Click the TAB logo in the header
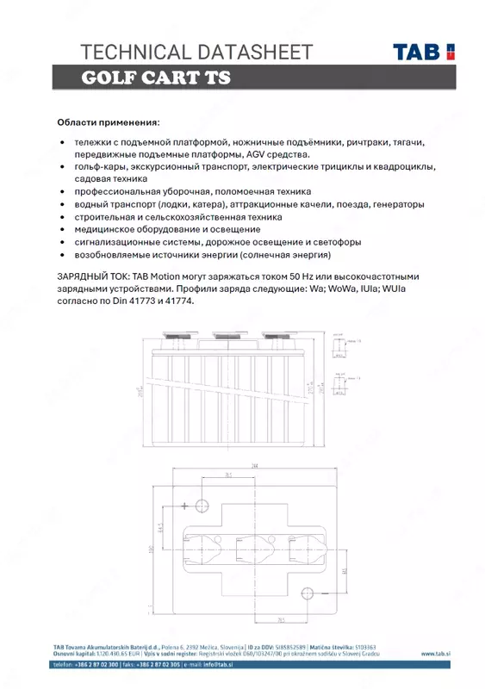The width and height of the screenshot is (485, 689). [424, 52]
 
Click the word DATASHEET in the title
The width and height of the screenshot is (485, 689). [252, 52]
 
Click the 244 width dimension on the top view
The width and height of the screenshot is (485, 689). [256, 465]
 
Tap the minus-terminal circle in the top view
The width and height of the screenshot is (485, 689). [308, 592]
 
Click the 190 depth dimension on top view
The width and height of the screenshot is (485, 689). [151, 549]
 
